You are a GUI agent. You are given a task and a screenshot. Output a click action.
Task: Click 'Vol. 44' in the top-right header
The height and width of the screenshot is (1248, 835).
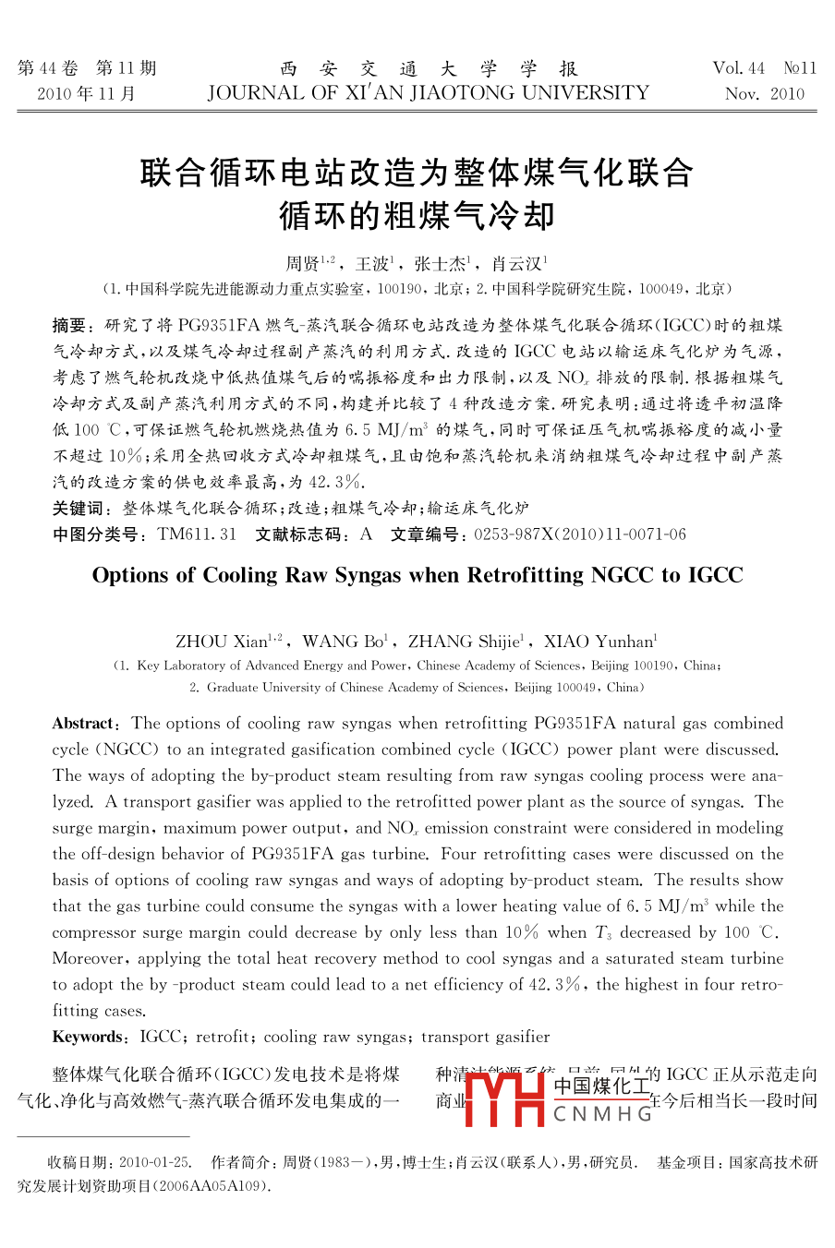tap(739, 68)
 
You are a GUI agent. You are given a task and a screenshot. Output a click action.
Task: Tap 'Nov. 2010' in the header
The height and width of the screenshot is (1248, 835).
tap(765, 94)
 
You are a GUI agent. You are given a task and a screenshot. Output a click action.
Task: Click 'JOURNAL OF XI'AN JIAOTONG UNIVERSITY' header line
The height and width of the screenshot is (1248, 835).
tap(429, 93)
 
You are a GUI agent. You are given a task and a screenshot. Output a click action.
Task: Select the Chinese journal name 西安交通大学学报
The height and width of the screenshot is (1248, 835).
tap(429, 68)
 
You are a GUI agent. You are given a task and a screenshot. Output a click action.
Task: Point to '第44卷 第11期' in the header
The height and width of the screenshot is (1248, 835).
tap(87, 68)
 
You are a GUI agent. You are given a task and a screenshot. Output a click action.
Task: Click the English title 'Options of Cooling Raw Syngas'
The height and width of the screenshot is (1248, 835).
tap(417, 575)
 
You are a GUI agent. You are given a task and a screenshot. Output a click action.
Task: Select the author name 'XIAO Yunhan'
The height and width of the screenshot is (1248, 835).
tap(599, 642)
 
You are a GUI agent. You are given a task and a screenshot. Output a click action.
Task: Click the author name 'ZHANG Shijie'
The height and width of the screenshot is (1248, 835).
tap(465, 642)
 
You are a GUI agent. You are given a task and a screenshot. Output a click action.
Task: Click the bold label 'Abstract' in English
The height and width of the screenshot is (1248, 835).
tap(86, 724)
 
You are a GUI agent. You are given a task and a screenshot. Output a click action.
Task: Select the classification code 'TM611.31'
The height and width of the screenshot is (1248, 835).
tap(197, 534)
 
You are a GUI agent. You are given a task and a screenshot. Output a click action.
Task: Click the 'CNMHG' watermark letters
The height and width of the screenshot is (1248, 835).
tap(603, 1114)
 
